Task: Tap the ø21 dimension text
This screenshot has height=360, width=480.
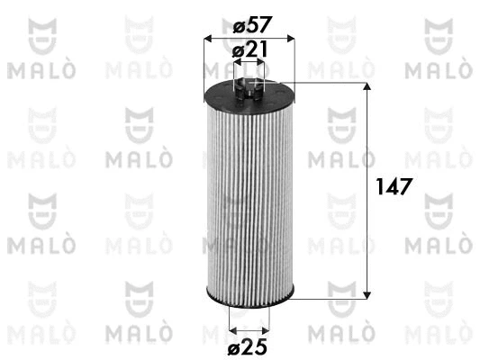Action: [249, 50]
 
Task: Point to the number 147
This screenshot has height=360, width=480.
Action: [394, 187]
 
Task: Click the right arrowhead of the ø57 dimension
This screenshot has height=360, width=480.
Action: [290, 39]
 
